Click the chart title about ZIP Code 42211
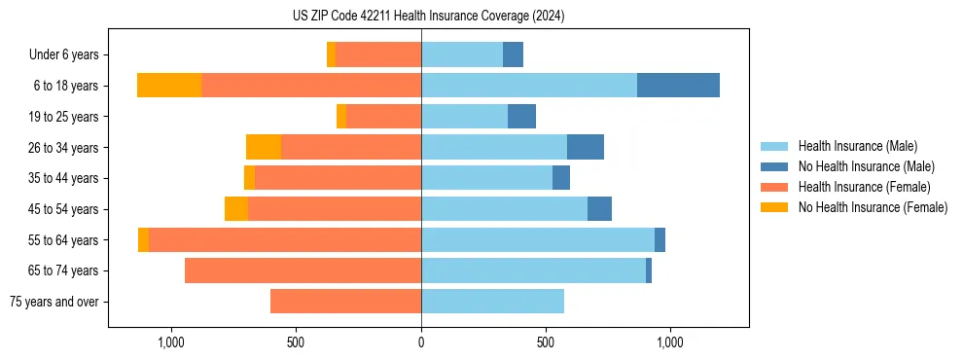tap(428, 17)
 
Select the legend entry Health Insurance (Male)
tap(857, 146)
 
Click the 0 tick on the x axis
tap(421, 342)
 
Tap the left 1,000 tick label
tap(170, 342)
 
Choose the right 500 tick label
tap(546, 342)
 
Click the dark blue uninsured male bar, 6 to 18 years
tap(678, 86)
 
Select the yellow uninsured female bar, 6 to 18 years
tap(169, 86)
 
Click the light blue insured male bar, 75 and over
tap(492, 302)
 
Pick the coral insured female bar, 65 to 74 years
tap(303, 270)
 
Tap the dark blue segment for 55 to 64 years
tap(660, 239)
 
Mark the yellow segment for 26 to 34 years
tap(264, 147)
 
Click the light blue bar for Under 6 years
tap(462, 54)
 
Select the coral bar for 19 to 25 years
tap(383, 117)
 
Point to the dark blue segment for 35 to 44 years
tap(561, 178)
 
